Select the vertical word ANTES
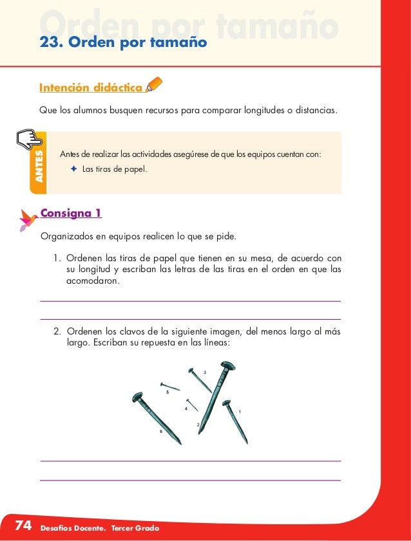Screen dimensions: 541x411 click(x=39, y=166)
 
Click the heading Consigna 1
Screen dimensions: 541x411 click(x=71, y=213)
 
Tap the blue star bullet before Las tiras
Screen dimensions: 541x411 click(x=73, y=169)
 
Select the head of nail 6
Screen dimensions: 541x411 click(x=137, y=398)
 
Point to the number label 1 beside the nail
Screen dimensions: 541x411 click(x=240, y=411)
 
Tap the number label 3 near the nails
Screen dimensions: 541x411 click(x=205, y=373)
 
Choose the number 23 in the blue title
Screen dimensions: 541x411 click(x=50, y=43)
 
